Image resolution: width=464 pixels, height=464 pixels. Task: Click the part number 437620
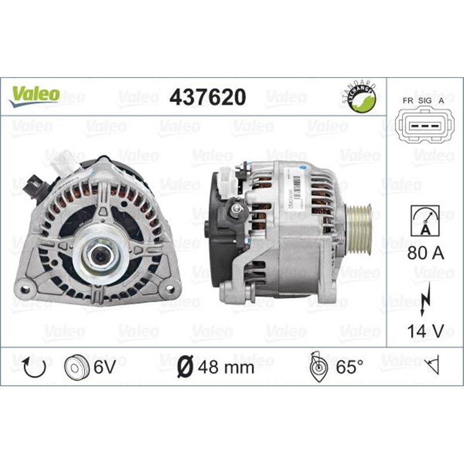(x=207, y=97)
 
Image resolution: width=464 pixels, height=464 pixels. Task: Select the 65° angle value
(x=346, y=367)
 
